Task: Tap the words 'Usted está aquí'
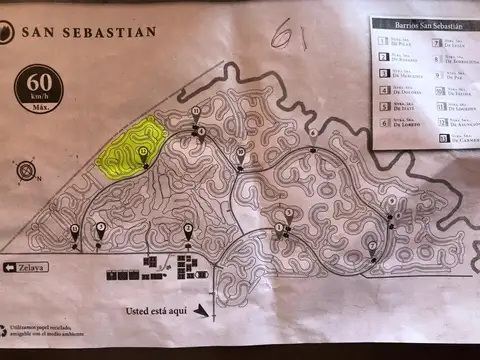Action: coord(156,310)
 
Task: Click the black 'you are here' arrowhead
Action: coord(204,312)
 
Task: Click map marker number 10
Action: coord(240,153)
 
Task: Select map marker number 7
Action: coord(372,246)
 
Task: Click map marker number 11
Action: coord(196,111)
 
